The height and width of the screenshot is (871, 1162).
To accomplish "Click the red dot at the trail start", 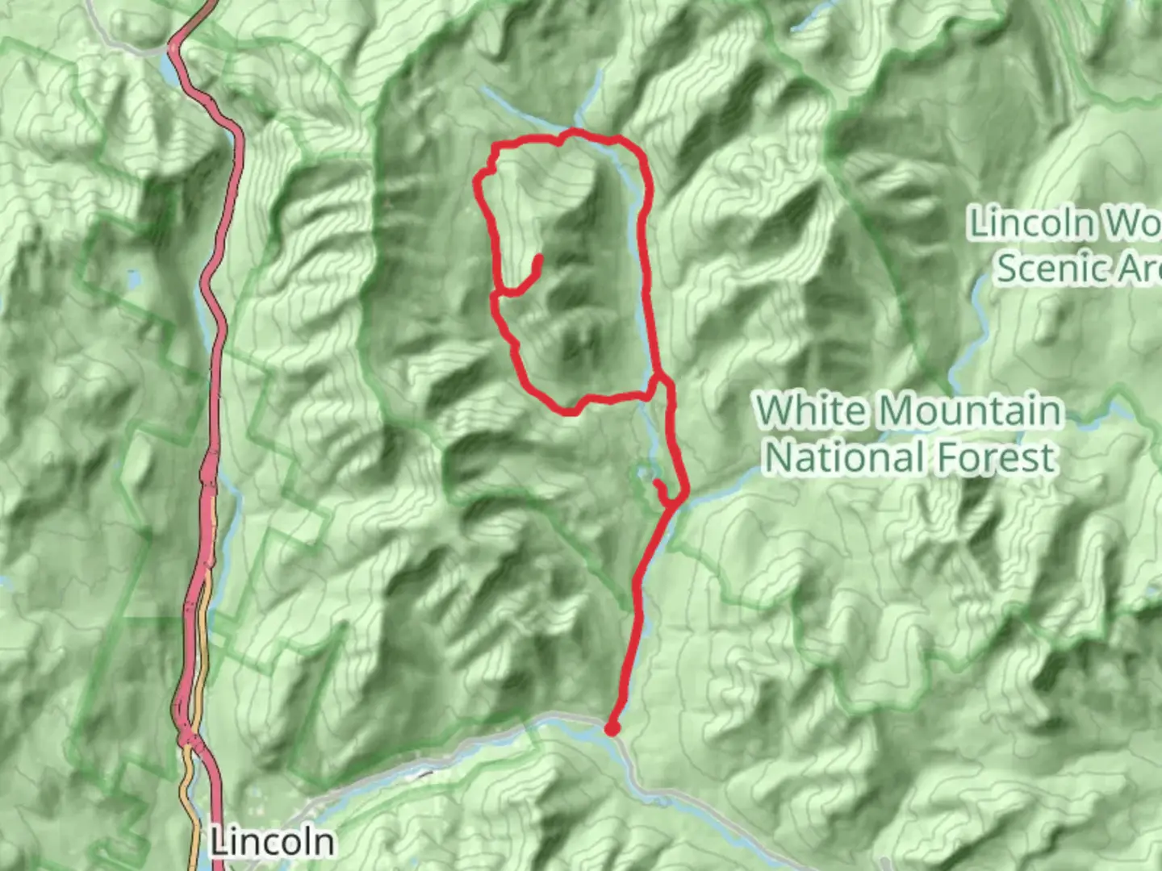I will (x=612, y=730).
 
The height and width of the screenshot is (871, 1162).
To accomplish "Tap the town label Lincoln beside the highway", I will (x=272, y=843).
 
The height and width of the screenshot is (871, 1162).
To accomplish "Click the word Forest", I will (x=996, y=457).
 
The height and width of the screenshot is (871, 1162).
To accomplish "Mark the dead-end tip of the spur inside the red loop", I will (x=538, y=259).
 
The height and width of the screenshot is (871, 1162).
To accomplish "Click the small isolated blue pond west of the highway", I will (x=133, y=279).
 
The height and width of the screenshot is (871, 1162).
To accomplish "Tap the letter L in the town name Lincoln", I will (x=219, y=843).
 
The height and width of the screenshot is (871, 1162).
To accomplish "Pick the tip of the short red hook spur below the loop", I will (x=657, y=483).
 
